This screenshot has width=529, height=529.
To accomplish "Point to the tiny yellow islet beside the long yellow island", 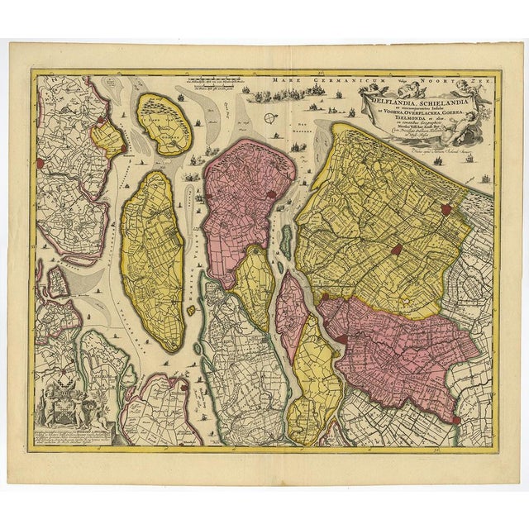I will point(190,311).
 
